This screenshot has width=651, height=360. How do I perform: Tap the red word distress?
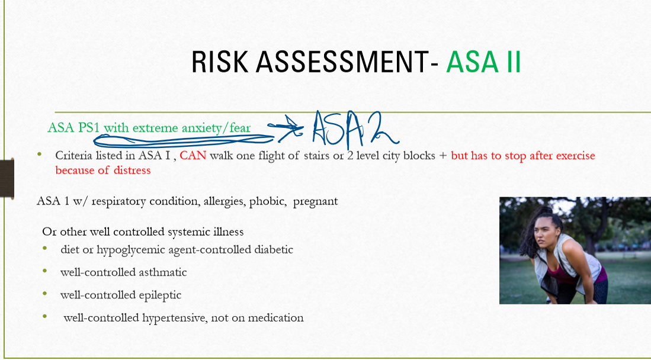tap(131, 170)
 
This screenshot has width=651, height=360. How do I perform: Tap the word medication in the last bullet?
tap(276, 317)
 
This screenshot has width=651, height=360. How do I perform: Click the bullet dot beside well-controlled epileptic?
tap(45, 293)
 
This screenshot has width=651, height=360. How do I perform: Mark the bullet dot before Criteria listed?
tap(40, 154)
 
